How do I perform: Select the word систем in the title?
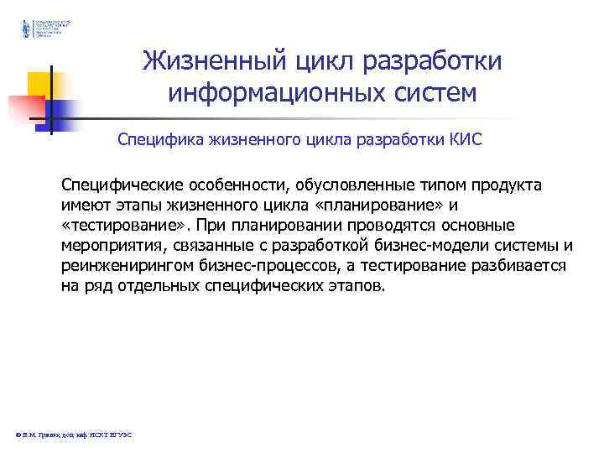(430, 91)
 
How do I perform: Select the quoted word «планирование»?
(390, 205)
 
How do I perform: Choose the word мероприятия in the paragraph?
(105, 245)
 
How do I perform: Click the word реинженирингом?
(125, 265)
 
